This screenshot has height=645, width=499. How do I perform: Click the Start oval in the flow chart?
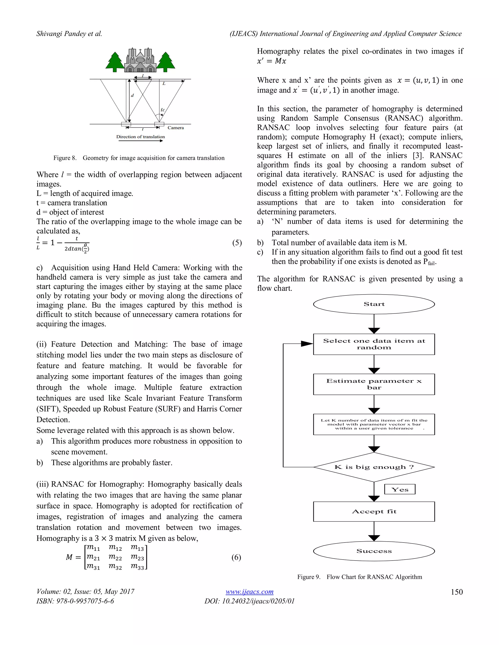coord(374,304)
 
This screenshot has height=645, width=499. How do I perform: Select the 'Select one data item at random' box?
coord(374,344)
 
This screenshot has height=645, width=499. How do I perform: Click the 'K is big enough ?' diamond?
coord(374,467)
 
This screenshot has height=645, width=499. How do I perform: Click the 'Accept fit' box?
coord(374,512)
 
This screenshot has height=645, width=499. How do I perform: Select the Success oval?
coord(374,551)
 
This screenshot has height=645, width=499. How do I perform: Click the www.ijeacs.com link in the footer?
coord(249,591)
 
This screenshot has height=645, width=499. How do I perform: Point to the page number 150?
coord(456,592)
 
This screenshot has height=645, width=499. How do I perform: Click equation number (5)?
coord(237,242)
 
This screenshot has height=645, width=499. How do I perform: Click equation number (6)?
coord(236,557)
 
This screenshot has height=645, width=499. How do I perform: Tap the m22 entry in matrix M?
coord(115,557)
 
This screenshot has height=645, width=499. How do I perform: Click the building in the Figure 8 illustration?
coord(140,61)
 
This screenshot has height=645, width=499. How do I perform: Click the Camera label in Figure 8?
coord(176,128)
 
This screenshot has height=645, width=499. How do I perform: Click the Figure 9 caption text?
coord(359,577)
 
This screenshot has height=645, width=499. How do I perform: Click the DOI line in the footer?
coord(249,601)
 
